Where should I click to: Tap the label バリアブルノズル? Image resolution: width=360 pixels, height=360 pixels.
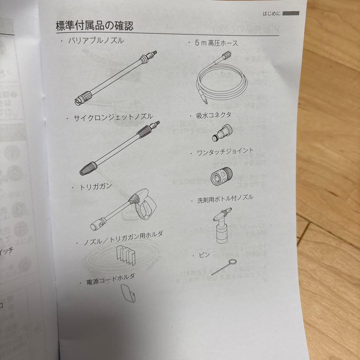[96, 41]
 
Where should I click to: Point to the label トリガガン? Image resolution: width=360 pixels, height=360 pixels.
[95, 187]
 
